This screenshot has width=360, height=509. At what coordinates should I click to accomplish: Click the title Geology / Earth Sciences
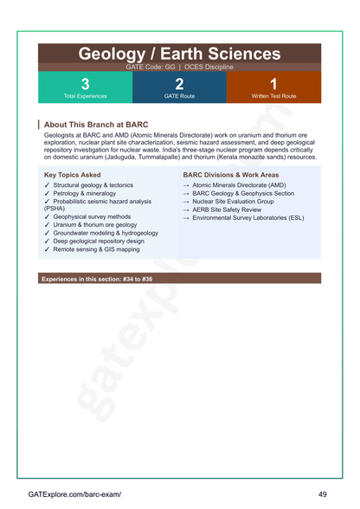coord(179,54)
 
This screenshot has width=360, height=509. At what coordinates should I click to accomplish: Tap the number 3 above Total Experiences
coord(85,84)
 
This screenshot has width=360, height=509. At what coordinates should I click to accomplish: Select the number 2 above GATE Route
coord(179,84)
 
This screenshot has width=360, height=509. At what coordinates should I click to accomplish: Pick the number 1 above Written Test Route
coord(273,84)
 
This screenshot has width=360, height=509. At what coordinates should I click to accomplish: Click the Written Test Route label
coord(273,96)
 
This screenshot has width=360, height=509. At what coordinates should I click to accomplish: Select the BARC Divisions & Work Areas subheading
coord(230,174)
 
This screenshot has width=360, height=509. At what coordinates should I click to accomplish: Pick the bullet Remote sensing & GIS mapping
coord(96,249)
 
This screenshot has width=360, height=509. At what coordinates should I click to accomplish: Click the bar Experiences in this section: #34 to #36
coord(97,280)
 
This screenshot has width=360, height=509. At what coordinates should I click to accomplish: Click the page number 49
coord(322,494)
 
